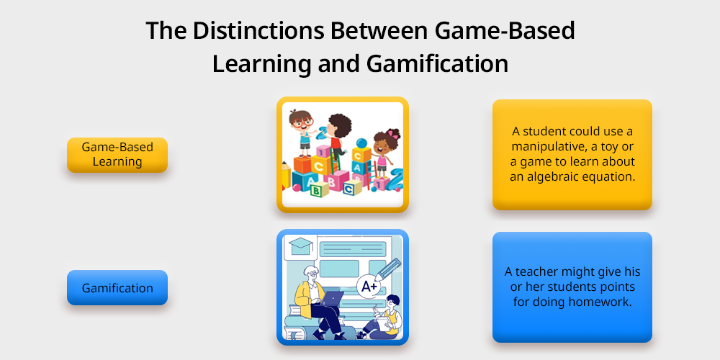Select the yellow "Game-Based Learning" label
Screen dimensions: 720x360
pyautogui.click(x=117, y=155)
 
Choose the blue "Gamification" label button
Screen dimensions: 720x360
pyautogui.click(x=117, y=288)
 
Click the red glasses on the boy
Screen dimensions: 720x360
pyautogui.click(x=302, y=123)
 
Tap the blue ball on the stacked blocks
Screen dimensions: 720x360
pyautogui.click(x=361, y=143)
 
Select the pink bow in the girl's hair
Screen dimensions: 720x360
pyautogui.click(x=394, y=134)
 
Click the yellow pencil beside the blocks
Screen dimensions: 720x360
pyautogui.click(x=287, y=174)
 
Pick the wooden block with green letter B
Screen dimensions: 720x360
pyautogui.click(x=319, y=189)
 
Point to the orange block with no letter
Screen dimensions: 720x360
pyautogui.click(x=302, y=164)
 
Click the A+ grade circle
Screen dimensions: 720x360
pyautogui.click(x=369, y=287)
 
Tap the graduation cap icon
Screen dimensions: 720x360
pyautogui.click(x=301, y=246)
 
